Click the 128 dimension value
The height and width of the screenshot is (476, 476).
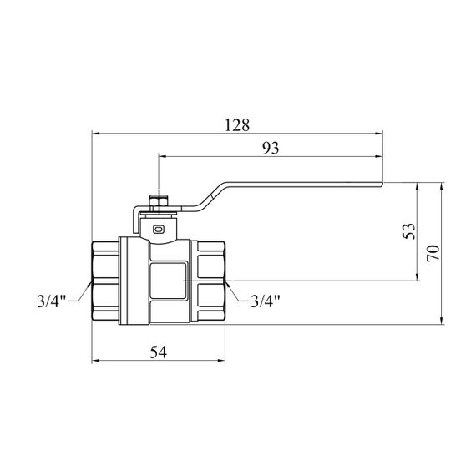coord(237,124)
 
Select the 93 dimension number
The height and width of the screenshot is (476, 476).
coord(271,148)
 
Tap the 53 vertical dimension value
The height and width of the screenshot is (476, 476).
coord(409,231)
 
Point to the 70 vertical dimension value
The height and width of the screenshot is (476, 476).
coord(433,253)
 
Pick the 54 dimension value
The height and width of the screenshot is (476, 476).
coord(159,352)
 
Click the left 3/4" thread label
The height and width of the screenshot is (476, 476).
coord(51,301)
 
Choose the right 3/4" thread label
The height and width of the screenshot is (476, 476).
coord(265,301)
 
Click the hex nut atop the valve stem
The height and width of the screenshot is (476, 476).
coord(159,200)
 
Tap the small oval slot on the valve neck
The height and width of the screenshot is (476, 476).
coord(159,230)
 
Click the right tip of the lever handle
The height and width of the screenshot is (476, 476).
coord(382,184)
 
